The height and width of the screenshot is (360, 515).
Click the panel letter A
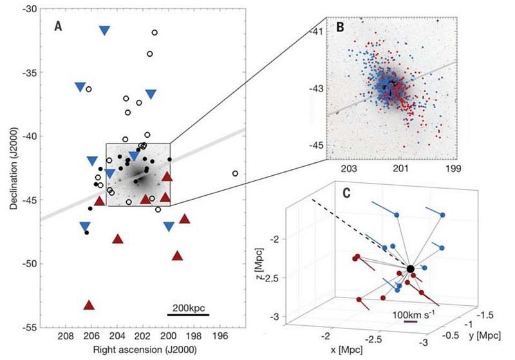[x=59, y=28]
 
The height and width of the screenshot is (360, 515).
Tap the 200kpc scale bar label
[x=188, y=305]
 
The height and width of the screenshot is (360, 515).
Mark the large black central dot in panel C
[x=410, y=269]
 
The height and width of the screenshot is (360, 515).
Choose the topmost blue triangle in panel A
[x=104, y=30]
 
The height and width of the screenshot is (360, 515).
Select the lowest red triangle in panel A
[x=89, y=305]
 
